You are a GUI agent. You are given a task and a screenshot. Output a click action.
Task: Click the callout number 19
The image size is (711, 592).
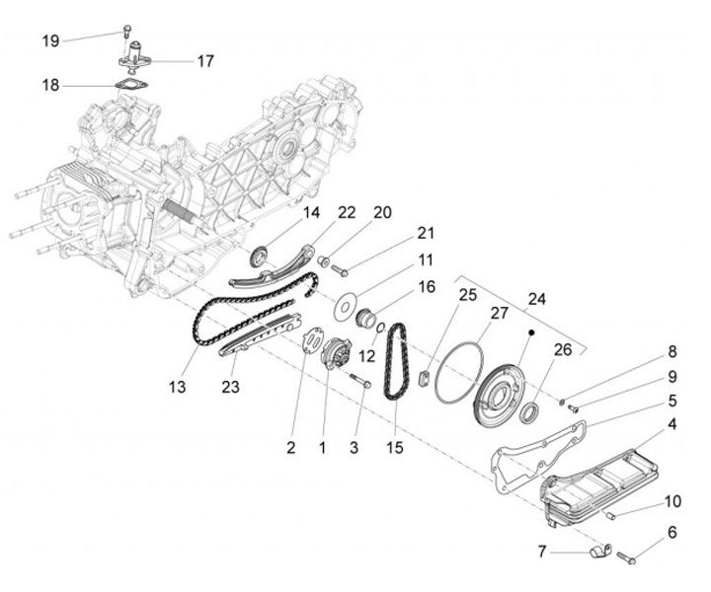(50, 40)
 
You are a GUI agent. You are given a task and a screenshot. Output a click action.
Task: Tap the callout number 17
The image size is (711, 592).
(205, 60)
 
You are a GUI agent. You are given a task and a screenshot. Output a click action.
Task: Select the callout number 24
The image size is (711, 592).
(536, 299)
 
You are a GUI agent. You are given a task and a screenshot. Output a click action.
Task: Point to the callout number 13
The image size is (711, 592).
(177, 388)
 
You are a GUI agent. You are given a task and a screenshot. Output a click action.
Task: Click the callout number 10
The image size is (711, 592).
(671, 500)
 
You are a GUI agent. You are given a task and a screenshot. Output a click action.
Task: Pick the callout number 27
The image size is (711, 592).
(500, 312)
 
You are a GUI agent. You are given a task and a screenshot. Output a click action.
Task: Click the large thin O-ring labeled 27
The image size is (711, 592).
(458, 374)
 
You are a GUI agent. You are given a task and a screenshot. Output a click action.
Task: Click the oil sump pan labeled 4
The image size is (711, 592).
(600, 488)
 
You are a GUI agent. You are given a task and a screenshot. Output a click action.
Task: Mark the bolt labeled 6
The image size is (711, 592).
(627, 559)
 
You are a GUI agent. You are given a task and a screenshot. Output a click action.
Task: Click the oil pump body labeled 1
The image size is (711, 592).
(336, 353)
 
